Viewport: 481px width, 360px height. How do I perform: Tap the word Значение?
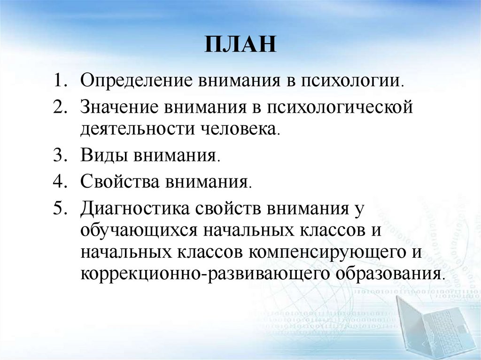pyautogui.click(x=120, y=106)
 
